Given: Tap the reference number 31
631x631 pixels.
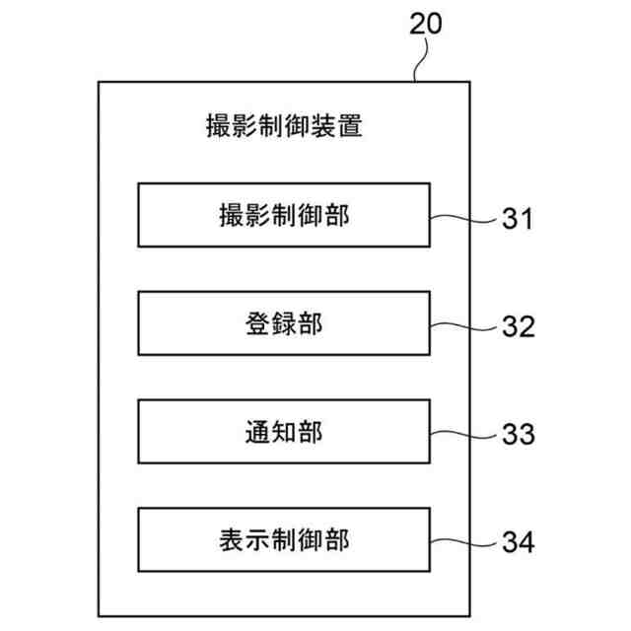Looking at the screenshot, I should point(516,218).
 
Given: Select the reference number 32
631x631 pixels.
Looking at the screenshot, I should point(516,325).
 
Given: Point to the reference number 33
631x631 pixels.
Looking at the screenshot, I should point(516,434).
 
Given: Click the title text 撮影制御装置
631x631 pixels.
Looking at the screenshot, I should point(284,126).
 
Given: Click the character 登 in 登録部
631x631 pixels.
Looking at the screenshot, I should point(256,323).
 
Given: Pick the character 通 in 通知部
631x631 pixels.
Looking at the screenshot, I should point(256,432).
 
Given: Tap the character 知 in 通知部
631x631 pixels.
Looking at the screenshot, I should point(284,432).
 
